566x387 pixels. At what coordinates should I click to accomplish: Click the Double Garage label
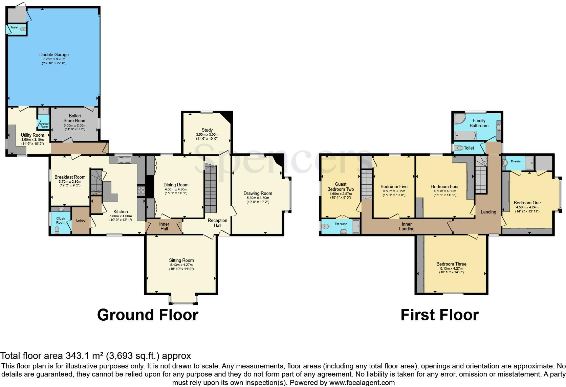[54, 54]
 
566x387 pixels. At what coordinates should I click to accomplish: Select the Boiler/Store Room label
[75, 118]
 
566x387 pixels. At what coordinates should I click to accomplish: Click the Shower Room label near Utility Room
[44, 125]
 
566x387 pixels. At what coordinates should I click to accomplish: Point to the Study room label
[207, 130]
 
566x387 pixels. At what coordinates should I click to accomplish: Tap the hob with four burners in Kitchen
[141, 190]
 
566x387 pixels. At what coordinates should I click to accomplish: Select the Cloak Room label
[61, 220]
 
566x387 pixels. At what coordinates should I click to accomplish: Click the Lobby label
[81, 221]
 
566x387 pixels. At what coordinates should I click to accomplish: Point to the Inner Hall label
[164, 226]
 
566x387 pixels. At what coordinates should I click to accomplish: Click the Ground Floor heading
[148, 315]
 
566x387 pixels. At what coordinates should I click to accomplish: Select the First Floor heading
[439, 315]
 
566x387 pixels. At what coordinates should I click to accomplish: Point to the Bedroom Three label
[451, 264]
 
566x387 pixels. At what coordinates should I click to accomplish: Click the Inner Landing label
[407, 226]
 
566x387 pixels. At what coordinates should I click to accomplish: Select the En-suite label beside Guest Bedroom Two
[341, 224]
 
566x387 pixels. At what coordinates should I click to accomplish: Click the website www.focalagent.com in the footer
[362, 383]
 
